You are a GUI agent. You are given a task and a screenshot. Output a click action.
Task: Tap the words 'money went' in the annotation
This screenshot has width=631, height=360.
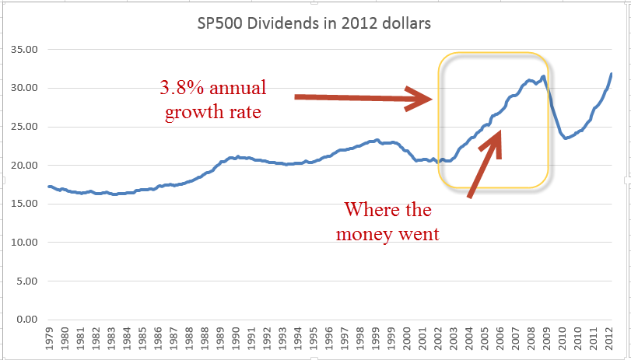(x=387, y=233)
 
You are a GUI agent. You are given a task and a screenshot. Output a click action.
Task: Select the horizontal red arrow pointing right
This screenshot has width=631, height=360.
(x=363, y=98)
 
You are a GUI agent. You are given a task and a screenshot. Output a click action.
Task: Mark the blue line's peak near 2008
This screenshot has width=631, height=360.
(x=543, y=76)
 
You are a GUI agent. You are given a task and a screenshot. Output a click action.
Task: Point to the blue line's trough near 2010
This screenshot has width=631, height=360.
(x=566, y=138)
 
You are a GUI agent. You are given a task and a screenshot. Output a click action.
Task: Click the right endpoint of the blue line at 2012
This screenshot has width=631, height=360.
(x=612, y=74)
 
